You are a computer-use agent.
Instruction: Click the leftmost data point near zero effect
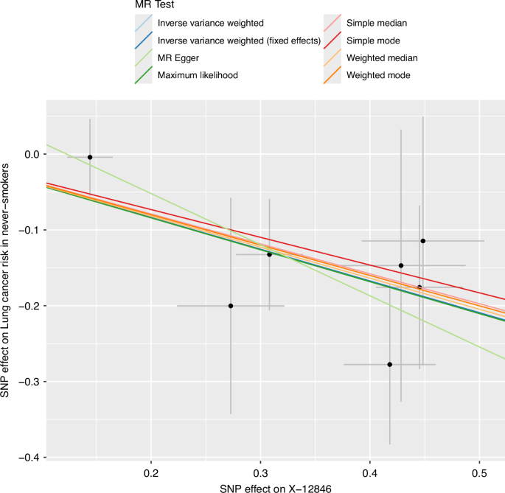(90, 157)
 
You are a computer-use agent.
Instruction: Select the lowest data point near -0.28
(389, 364)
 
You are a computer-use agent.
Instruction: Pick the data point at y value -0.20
(231, 306)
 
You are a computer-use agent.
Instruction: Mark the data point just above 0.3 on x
(269, 254)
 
